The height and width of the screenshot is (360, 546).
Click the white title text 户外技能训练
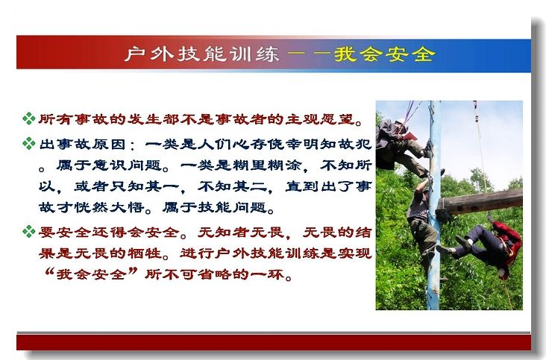click(x=202, y=54)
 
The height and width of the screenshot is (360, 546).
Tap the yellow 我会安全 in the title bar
click(x=385, y=54)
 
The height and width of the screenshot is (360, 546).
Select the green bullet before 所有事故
click(x=29, y=119)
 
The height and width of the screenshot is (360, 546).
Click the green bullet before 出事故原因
click(x=29, y=143)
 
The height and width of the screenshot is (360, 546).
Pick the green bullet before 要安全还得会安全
click(x=29, y=231)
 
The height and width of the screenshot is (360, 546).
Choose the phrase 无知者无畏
click(x=241, y=232)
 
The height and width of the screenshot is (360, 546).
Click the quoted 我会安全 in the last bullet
click(x=91, y=274)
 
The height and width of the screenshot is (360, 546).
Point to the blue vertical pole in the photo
click(x=434, y=205)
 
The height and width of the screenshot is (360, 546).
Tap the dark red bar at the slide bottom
click(x=274, y=342)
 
